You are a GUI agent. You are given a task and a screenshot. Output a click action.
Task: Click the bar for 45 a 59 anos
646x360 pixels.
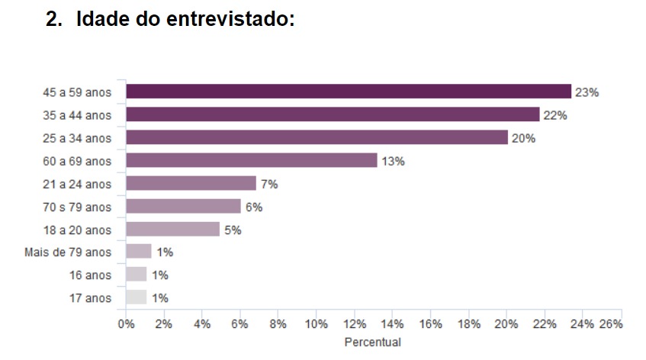click(x=349, y=92)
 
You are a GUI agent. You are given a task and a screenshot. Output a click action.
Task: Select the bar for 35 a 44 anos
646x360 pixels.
click(x=333, y=114)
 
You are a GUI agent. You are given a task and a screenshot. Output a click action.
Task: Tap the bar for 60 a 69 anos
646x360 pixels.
click(x=251, y=160)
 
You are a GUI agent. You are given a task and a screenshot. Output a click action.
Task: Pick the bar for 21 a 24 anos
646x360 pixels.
click(x=191, y=183)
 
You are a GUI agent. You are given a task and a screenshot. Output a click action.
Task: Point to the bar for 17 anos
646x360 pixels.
click(x=136, y=297)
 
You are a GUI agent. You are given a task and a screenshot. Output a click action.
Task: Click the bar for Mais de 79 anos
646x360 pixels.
click(x=139, y=252)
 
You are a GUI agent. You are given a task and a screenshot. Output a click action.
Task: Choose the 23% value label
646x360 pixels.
click(x=587, y=92)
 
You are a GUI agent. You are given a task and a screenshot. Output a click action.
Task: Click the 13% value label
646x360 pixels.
click(x=394, y=161)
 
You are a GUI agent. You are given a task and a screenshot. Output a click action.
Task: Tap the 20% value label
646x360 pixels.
click(x=524, y=138)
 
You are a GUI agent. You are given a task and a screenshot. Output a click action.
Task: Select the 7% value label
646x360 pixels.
click(x=269, y=184)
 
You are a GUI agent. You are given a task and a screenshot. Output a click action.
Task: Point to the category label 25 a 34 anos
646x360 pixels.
click(x=77, y=138)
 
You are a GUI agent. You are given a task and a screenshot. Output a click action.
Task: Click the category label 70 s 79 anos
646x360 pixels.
click(x=77, y=207)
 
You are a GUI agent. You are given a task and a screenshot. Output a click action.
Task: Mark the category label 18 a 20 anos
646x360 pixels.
click(x=77, y=230)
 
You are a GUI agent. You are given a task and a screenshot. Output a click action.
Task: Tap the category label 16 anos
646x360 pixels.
click(x=90, y=275)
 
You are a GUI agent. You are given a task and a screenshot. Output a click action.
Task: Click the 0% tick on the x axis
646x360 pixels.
click(x=126, y=323)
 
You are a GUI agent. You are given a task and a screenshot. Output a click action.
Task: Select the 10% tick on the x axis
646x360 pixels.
click(x=316, y=323)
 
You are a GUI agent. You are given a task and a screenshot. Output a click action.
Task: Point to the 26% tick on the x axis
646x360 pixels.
click(x=612, y=323)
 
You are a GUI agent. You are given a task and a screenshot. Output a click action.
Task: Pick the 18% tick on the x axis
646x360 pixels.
click(x=468, y=323)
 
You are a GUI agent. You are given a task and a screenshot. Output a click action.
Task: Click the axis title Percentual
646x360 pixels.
click(x=372, y=342)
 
